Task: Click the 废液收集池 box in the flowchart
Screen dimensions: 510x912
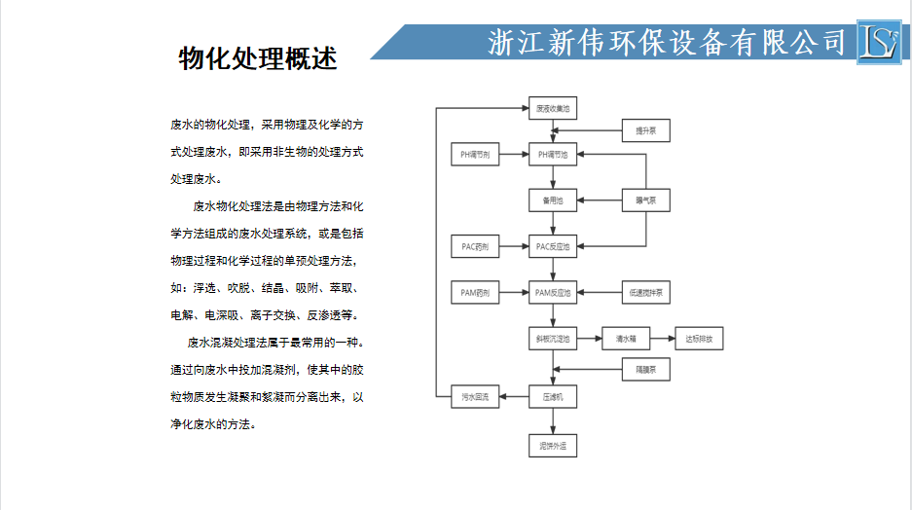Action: coord(553,109)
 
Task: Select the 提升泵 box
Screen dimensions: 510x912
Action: coord(645,130)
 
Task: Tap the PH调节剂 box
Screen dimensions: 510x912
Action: coord(475,155)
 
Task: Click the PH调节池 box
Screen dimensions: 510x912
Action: coord(553,155)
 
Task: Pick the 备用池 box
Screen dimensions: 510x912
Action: coord(553,201)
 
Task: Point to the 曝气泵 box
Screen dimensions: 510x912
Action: coord(645,201)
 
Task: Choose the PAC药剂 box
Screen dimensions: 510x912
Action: coord(475,247)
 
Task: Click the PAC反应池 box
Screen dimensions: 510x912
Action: coord(553,247)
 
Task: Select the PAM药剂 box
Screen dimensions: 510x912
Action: coord(475,293)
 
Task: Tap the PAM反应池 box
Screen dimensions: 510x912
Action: coord(553,293)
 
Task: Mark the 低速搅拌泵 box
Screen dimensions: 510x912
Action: coord(645,293)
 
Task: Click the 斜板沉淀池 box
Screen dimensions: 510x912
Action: coord(553,340)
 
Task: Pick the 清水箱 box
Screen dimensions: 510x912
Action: coord(625,340)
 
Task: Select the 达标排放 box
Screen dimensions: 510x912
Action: coord(699,340)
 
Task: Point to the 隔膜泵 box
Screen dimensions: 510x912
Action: coord(645,370)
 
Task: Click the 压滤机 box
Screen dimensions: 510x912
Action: coord(553,397)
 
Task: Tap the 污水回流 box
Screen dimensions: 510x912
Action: coord(475,397)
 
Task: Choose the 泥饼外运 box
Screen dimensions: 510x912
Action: coord(553,447)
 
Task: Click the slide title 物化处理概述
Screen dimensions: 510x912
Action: coord(258,58)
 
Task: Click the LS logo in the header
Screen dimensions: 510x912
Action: coord(880,42)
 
